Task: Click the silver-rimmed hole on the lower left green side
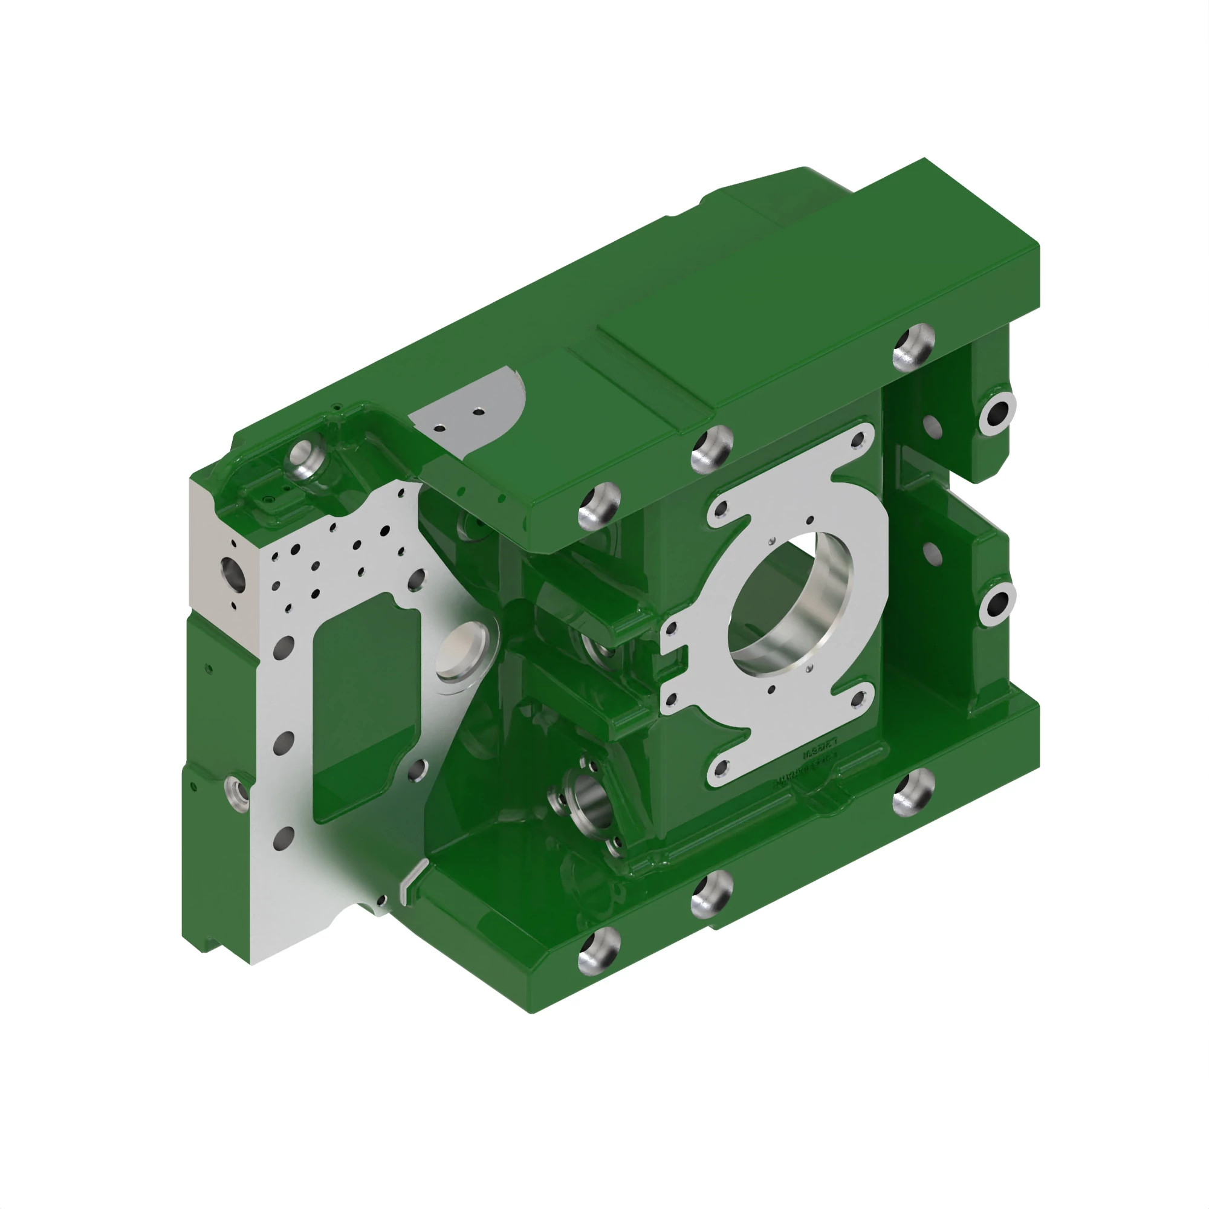tap(236, 790)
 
